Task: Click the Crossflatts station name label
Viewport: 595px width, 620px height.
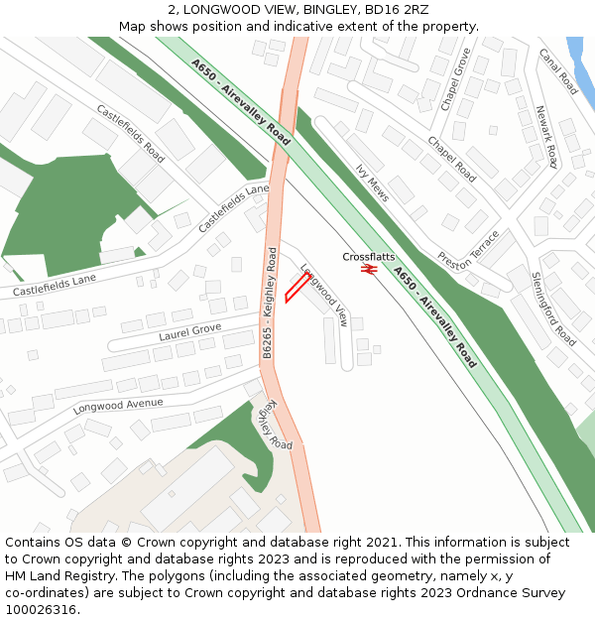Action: pyautogui.click(x=369, y=257)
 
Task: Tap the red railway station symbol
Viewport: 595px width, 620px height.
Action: pyautogui.click(x=369, y=268)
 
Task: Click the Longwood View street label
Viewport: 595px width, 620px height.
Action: pyautogui.click(x=324, y=295)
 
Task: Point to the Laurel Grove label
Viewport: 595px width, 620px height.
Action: pyautogui.click(x=189, y=331)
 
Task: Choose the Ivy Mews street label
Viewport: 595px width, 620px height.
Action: pyautogui.click(x=372, y=184)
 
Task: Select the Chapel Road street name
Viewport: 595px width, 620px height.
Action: pyautogui.click(x=451, y=159)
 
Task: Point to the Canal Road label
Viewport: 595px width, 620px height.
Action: pyautogui.click(x=559, y=72)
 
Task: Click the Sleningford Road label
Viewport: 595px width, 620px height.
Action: pyautogui.click(x=553, y=309)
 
